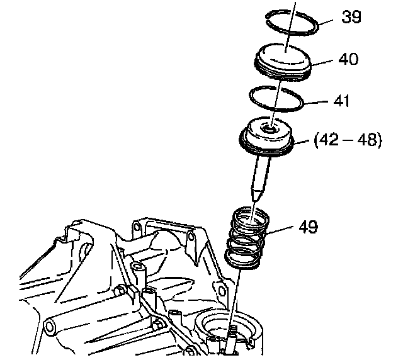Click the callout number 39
tap(351, 17)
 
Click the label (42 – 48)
tap(348, 140)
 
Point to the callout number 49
tap(305, 226)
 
